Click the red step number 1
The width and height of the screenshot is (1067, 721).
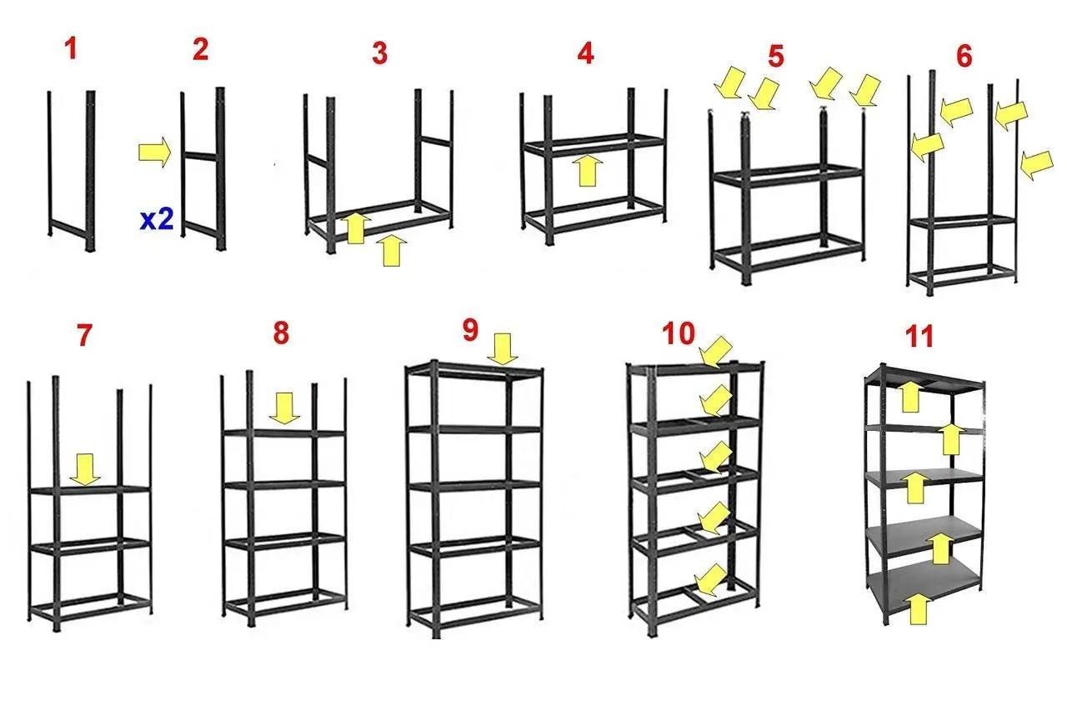pyautogui.click(x=72, y=48)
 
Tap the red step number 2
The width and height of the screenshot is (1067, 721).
pyautogui.click(x=201, y=49)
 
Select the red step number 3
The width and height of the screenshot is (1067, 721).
pyautogui.click(x=379, y=53)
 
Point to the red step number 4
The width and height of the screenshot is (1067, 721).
pyautogui.click(x=585, y=53)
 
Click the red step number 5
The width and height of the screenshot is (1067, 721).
pyautogui.click(x=776, y=56)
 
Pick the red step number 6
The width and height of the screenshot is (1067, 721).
pyautogui.click(x=964, y=56)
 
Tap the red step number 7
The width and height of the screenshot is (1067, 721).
pyautogui.click(x=84, y=335)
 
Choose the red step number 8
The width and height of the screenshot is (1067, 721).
pyautogui.click(x=281, y=333)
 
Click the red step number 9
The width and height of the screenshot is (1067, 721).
pyautogui.click(x=470, y=329)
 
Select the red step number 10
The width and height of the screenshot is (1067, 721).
pyautogui.click(x=679, y=333)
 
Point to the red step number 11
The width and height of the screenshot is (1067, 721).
pyautogui.click(x=919, y=337)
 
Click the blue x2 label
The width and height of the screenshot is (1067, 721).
pyautogui.click(x=157, y=220)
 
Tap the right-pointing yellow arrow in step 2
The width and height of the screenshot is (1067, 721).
pyautogui.click(x=154, y=153)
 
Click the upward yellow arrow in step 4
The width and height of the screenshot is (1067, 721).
pyautogui.click(x=588, y=170)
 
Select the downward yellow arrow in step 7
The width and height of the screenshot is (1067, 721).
pyautogui.click(x=85, y=469)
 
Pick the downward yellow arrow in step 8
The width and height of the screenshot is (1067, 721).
pyautogui.click(x=284, y=408)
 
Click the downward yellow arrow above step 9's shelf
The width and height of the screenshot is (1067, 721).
pyautogui.click(x=502, y=349)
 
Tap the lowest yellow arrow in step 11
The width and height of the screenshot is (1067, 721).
pyautogui.click(x=918, y=608)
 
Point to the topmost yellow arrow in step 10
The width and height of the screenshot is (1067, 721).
pyautogui.click(x=715, y=353)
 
